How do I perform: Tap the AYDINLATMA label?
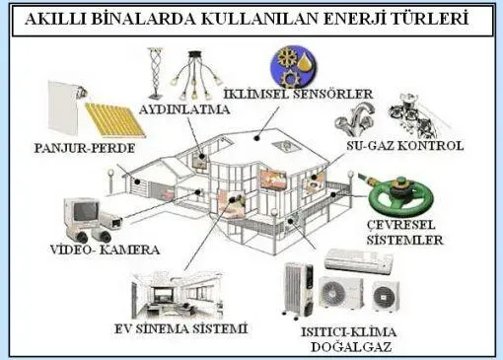coord(184,109)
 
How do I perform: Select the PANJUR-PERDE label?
coord(85,148)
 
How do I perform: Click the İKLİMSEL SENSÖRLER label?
coord(299,95)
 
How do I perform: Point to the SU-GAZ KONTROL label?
coord(405,146)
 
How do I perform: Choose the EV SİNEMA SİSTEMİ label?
coord(180,328)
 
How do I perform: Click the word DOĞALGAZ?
coord(351,347)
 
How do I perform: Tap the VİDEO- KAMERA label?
coord(105,250)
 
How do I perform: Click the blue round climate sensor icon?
coord(293,66)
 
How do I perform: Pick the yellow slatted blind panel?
coord(115,119)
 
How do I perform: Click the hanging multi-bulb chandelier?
coord(195,76)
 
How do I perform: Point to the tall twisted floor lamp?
coord(156,73)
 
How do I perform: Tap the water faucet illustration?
coord(354,119)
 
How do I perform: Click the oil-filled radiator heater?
coord(299,290)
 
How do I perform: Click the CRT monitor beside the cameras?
coord(82,213)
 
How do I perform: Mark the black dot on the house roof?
coord(257,138)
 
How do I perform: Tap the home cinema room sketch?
coord(177,295)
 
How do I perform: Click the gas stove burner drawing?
coord(415,115)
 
